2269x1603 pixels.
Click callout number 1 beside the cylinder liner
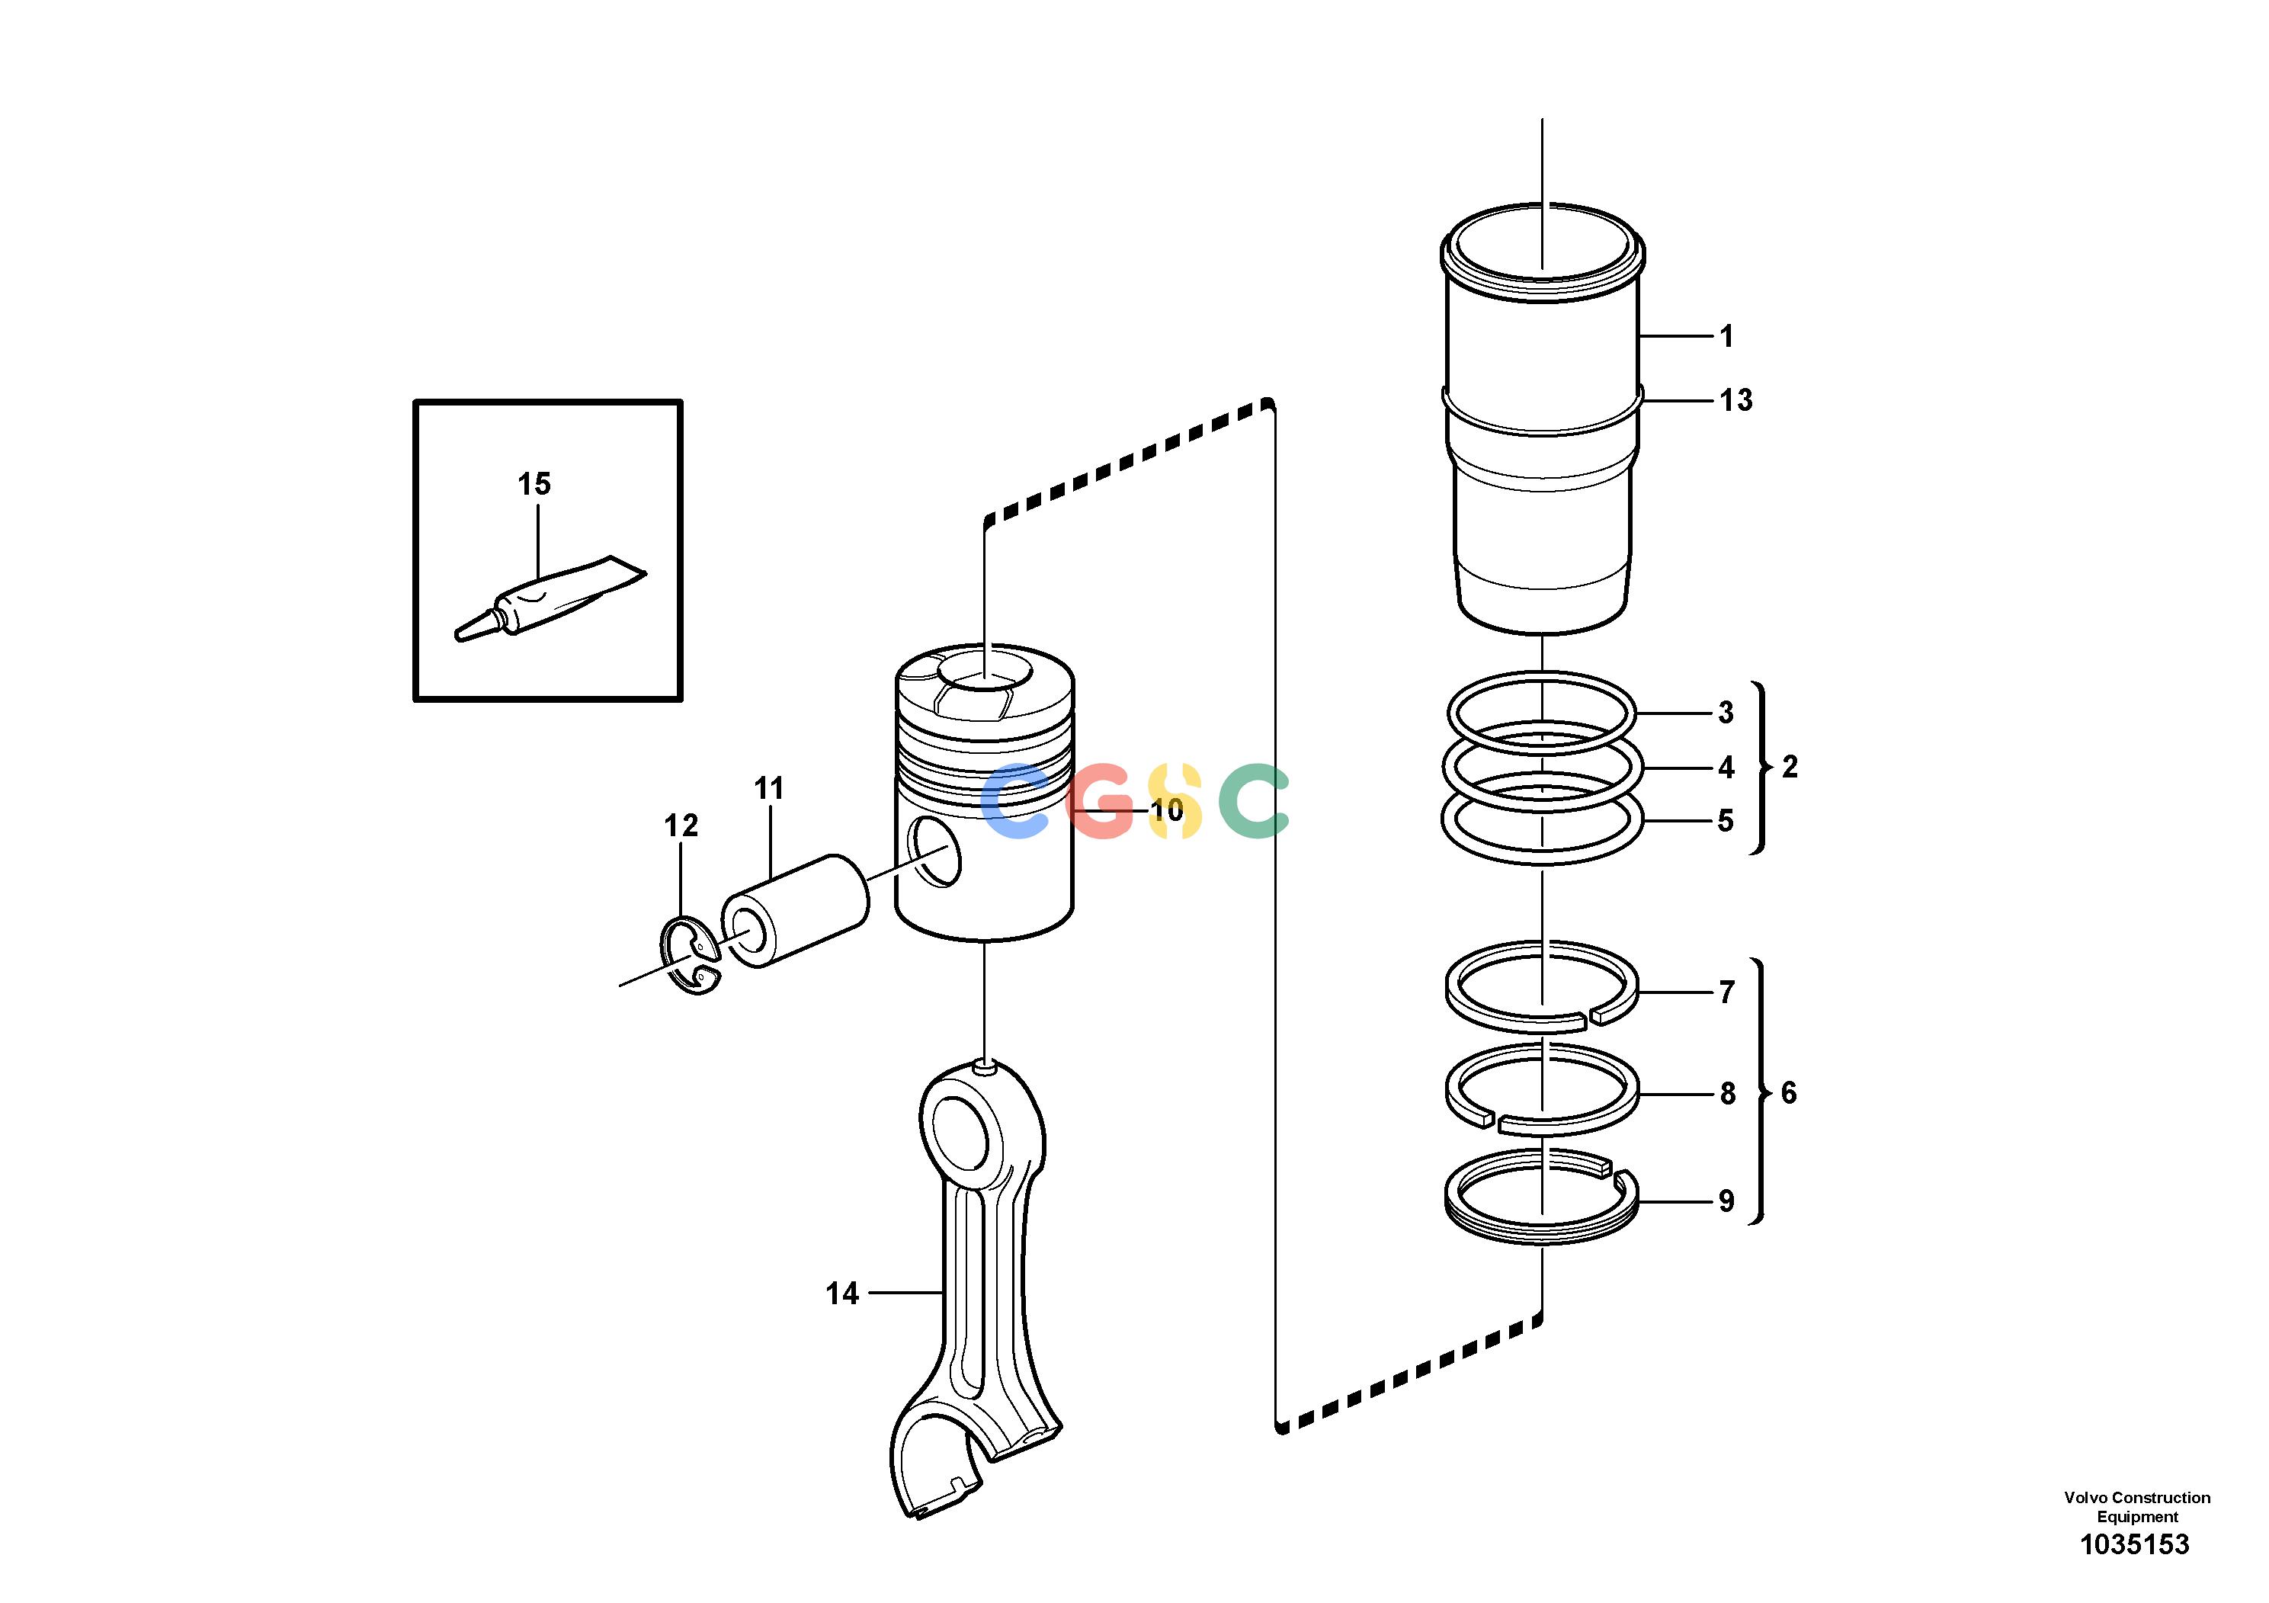(1726, 337)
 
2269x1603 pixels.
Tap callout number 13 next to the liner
(1735, 400)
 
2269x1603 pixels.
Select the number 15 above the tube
(534, 484)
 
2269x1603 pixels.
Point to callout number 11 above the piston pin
(769, 789)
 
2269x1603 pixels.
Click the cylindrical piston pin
(796, 911)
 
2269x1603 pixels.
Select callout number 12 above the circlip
(681, 826)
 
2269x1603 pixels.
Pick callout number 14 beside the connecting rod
(842, 1294)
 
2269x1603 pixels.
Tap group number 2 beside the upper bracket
(1790, 767)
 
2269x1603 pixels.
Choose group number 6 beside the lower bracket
(1789, 1093)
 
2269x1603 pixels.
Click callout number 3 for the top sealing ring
(1726, 713)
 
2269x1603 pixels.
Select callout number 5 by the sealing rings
(1726, 820)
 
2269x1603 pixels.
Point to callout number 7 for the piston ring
(1726, 992)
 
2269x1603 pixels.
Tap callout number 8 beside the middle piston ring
(1726, 1093)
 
